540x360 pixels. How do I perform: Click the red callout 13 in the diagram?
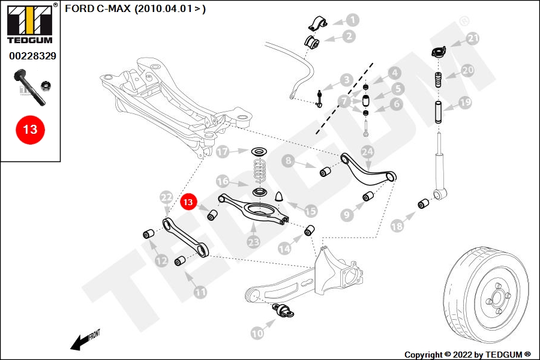(x=188, y=202)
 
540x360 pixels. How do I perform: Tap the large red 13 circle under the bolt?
(x=30, y=129)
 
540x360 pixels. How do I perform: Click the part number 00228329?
(x=32, y=56)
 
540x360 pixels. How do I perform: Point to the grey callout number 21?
(x=474, y=39)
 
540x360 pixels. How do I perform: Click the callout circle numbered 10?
(x=257, y=332)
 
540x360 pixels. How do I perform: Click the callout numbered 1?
(x=352, y=20)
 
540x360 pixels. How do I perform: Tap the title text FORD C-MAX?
(x=135, y=9)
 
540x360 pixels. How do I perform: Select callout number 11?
(x=200, y=292)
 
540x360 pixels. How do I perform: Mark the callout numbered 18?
(x=397, y=226)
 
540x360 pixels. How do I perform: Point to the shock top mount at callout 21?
(x=438, y=53)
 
